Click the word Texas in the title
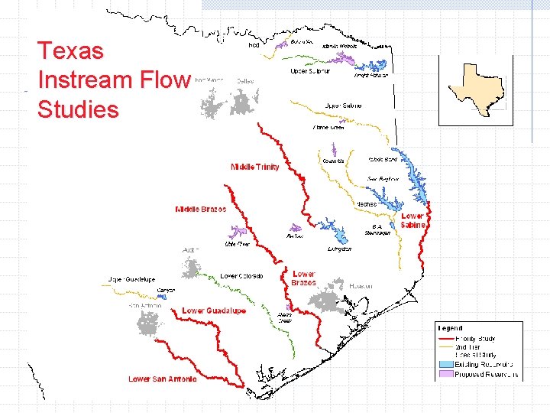[x=70, y=51]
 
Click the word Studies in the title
[x=78, y=109]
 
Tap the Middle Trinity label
[x=255, y=167]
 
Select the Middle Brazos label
[x=201, y=209]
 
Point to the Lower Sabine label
[x=412, y=220]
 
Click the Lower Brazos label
[x=303, y=278]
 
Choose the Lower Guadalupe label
[x=214, y=311]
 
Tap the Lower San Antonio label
[x=162, y=379]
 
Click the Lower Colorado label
[x=241, y=275]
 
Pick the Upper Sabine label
[x=343, y=106]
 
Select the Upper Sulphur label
[x=309, y=71]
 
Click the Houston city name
[x=361, y=286]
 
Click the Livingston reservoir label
[x=339, y=249]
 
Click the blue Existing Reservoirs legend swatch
[x=445, y=365]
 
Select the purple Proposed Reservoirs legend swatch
[x=445, y=375]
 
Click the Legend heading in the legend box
[x=450, y=327]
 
